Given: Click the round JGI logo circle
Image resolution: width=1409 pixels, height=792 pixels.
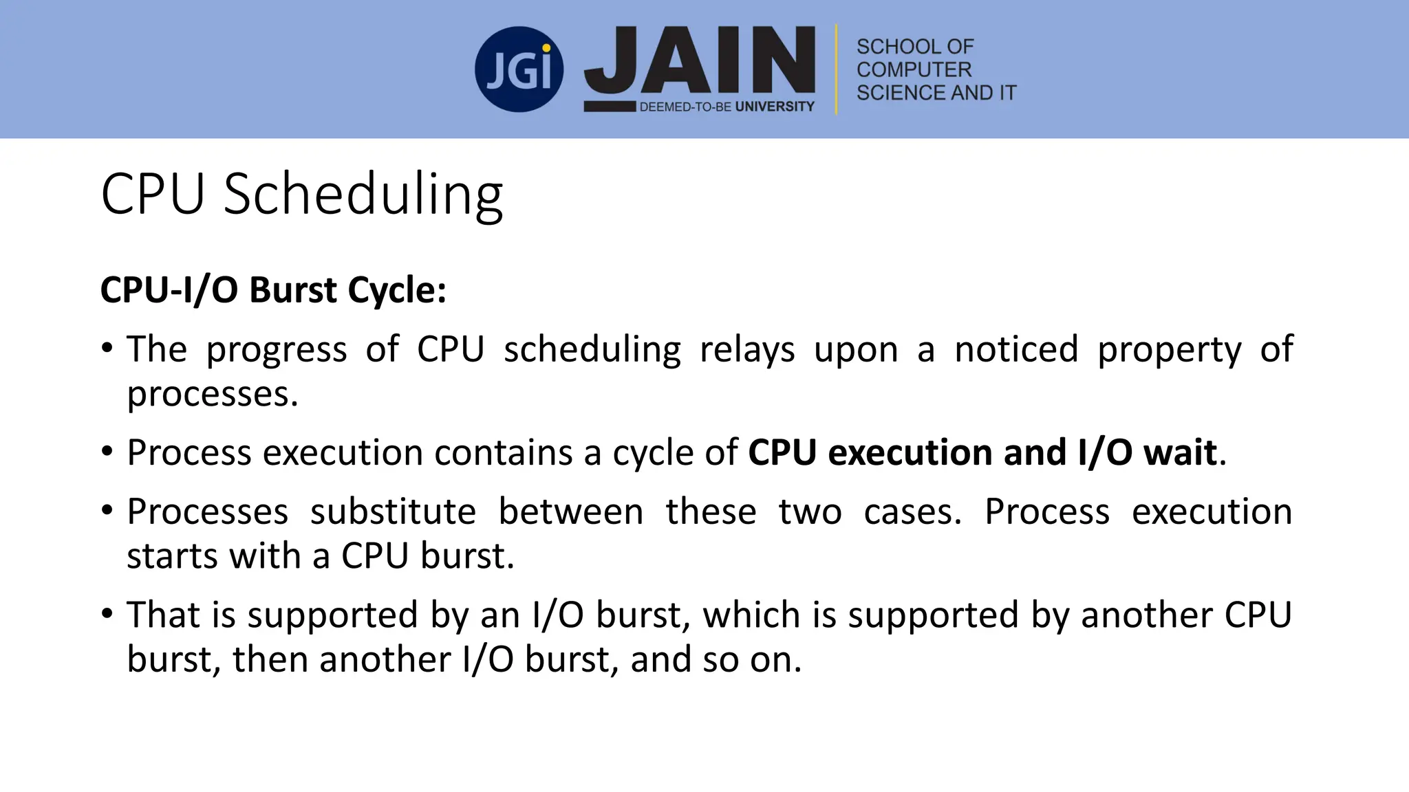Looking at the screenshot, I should coord(519,69).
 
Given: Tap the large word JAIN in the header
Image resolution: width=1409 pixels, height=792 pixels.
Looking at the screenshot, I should coord(700,60).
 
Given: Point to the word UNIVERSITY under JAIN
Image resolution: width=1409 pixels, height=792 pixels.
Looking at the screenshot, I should coord(775,107).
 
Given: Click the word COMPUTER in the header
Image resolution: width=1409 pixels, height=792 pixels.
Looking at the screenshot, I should coord(914,69).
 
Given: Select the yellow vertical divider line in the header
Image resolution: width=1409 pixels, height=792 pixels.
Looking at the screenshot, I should coord(836,69).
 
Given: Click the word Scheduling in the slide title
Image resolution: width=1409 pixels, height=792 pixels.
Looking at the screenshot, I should coord(363,195).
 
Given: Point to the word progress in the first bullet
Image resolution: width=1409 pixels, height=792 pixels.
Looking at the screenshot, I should coord(277,350).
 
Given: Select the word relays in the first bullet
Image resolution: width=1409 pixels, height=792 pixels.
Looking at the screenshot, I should coord(746,350).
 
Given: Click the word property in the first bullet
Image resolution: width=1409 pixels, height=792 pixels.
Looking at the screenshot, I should coord(1169,350).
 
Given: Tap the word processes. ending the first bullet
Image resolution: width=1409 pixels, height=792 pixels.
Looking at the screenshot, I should coord(213,395).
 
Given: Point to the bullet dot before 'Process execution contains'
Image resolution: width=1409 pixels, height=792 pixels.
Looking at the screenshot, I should coord(107,452).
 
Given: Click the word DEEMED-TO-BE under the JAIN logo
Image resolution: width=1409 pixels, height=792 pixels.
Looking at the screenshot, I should coord(685,107).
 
